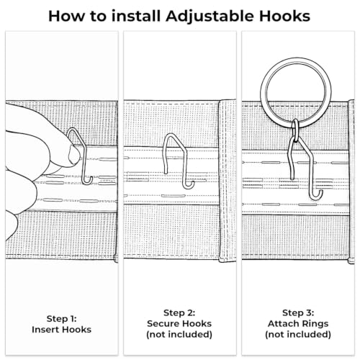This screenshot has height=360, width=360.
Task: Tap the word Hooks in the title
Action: tap(285, 16)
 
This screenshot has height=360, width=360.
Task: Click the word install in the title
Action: tap(136, 16)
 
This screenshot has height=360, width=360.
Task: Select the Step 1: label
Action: tap(61, 319)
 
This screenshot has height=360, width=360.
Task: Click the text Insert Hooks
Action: tap(61, 330)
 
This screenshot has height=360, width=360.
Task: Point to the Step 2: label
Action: tap(179, 313)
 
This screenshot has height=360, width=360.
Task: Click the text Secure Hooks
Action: tap(179, 323)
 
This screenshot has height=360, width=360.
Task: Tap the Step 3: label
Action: tap(298, 313)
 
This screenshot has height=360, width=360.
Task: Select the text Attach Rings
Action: tap(298, 323)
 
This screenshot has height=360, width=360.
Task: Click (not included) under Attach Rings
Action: tap(298, 334)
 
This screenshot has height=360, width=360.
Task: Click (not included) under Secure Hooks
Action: tap(179, 334)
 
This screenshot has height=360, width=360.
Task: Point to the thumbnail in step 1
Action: tap(74, 155)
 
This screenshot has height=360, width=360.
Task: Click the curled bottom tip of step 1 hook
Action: tap(91, 181)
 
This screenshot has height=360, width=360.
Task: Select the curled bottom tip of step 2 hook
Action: tap(192, 185)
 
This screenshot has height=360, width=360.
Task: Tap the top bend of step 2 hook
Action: tap(171, 135)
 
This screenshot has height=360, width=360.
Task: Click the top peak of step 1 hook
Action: tap(73, 129)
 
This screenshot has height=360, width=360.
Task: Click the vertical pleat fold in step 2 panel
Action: tap(228, 180)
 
